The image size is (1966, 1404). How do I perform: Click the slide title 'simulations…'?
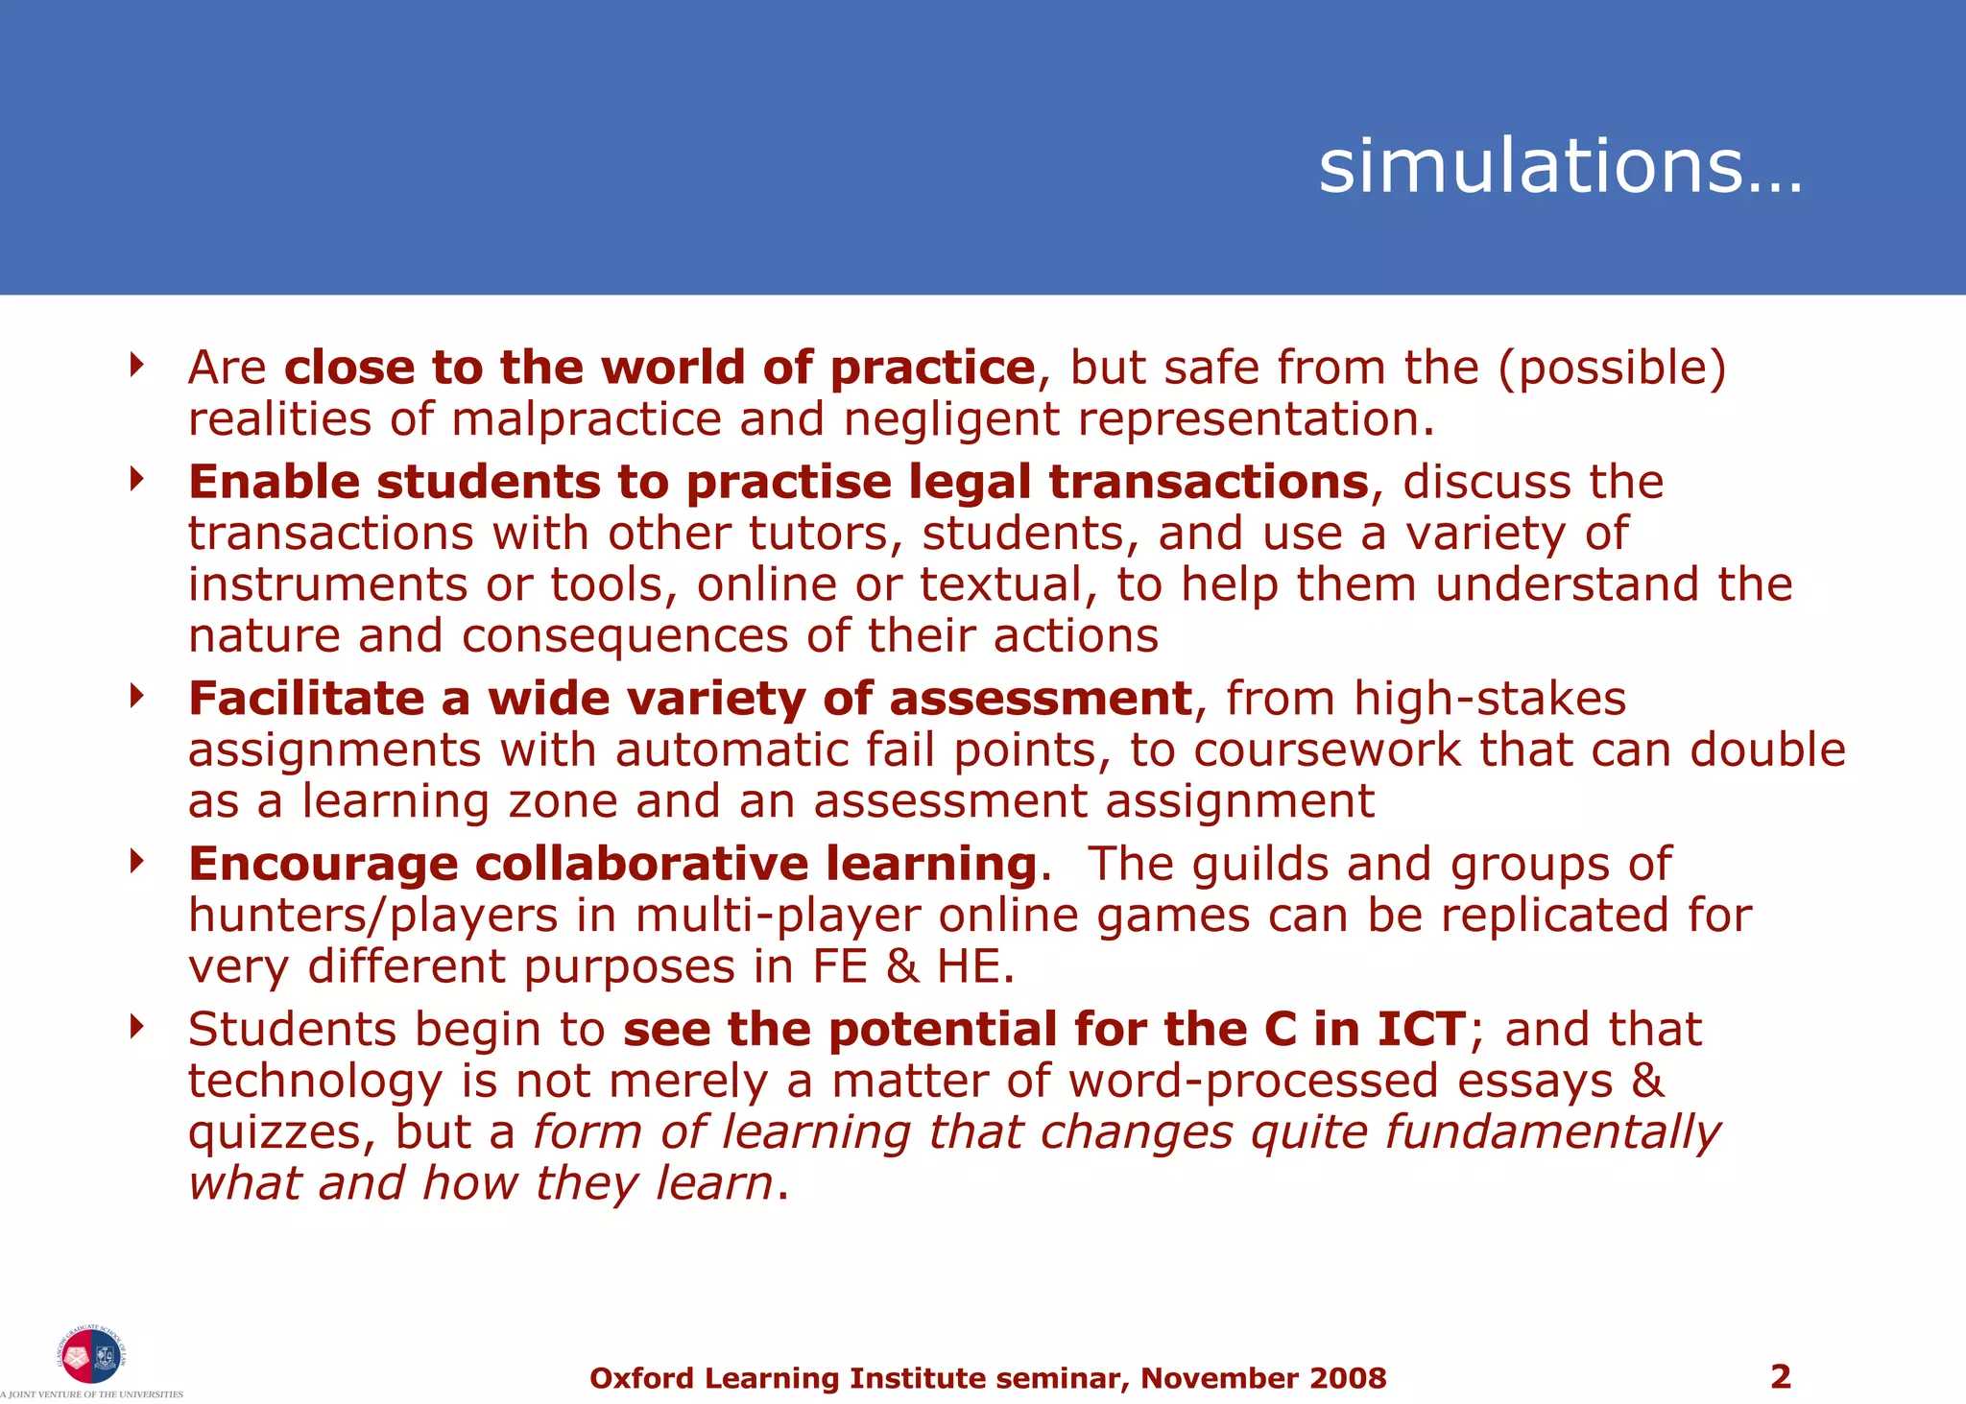coord(1560,166)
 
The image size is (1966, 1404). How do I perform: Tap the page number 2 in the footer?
coord(1780,1376)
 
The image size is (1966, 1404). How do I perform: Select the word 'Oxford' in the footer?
coord(641,1378)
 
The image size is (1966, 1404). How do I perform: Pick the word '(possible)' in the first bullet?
coord(1613,369)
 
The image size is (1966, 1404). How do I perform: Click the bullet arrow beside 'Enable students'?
coord(137,478)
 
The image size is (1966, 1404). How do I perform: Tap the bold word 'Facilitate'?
coord(306,699)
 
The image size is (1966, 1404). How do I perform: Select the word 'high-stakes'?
coord(1490,699)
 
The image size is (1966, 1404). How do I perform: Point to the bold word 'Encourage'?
coord(324,864)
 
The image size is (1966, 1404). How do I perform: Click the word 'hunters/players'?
coord(372,916)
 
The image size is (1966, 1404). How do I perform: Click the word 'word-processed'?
coord(1253,1081)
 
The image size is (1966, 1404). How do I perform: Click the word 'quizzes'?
coord(274,1134)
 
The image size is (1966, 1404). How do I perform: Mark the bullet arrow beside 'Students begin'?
coord(137,1027)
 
